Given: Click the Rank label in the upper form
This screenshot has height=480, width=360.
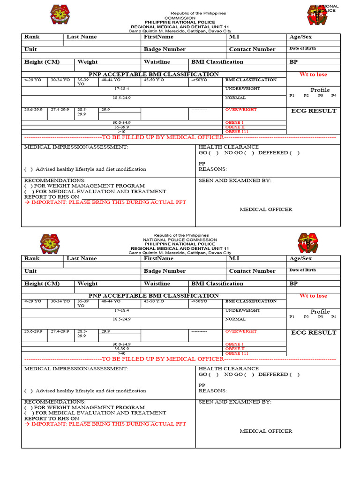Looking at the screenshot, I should coord(32,37).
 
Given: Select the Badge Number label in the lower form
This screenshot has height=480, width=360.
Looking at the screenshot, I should coord(165,271).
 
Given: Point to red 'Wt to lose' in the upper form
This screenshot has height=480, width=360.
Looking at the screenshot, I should coord(313,75).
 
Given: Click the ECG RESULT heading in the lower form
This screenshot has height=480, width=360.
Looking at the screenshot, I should coord(314,332).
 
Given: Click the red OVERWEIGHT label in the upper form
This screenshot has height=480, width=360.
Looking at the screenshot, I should coord(241,109).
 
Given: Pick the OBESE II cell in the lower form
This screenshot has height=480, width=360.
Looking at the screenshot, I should coord(235,349).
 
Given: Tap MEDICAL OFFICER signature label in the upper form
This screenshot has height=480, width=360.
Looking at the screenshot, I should coord(266,210).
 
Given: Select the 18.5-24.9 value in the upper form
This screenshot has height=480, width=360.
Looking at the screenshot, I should coord(121,97).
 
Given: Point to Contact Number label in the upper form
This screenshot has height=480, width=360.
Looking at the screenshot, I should coord(252,49).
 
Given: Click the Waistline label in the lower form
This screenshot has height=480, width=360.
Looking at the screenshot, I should coord(157,284).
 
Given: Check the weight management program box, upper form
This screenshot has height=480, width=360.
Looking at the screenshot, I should coord(28,186).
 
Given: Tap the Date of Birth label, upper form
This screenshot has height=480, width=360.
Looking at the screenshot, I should coord(302,48).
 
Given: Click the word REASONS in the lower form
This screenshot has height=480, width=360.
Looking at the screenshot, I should coord(212,390).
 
